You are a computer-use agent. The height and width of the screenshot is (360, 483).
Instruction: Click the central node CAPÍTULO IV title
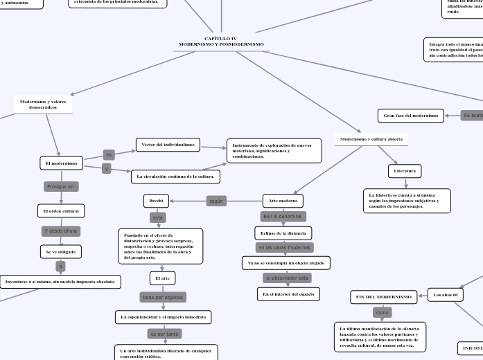(x=221, y=42)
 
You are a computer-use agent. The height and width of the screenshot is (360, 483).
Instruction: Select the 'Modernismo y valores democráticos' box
(x=43, y=105)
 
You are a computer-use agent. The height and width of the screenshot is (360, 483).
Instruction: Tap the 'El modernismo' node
(x=61, y=163)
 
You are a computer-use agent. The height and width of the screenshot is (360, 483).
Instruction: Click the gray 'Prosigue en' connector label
(x=61, y=186)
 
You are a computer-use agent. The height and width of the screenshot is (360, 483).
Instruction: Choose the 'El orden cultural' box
(x=60, y=210)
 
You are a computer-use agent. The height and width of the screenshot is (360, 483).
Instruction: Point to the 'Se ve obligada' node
(x=61, y=252)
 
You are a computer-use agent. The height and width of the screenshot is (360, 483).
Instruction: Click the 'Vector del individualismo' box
(x=168, y=145)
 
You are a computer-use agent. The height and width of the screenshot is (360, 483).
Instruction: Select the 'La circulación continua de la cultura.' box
(x=175, y=177)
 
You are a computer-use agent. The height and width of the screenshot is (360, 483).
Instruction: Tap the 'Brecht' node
(x=156, y=201)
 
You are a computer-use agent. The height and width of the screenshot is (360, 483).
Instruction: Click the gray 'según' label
(x=216, y=201)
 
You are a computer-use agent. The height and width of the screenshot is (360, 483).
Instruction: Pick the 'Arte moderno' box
(x=283, y=201)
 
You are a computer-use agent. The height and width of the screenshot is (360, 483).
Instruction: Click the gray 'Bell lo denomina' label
(x=283, y=217)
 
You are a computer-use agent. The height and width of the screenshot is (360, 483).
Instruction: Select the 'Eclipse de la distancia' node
(x=283, y=232)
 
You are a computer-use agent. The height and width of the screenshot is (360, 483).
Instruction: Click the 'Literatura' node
(x=405, y=170)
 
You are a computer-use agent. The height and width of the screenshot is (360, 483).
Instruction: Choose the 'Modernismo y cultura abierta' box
(x=371, y=139)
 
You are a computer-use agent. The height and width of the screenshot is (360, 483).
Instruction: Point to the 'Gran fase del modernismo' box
(x=411, y=115)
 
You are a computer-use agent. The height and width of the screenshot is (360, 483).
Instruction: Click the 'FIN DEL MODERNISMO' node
(x=383, y=296)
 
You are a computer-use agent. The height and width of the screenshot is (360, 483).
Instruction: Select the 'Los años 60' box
(x=445, y=295)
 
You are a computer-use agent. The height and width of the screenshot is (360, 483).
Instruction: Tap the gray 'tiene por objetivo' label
(x=162, y=297)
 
